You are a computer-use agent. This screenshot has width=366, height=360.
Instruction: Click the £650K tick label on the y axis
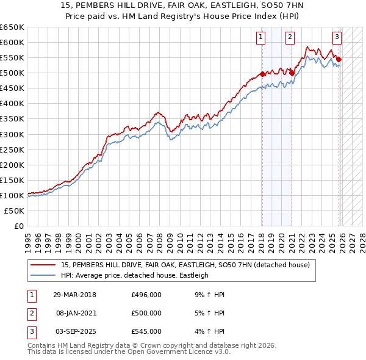[x=12, y=27]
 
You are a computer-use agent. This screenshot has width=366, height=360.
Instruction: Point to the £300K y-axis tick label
[x=12, y=134]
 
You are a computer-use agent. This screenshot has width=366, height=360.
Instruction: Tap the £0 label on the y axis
[x=18, y=226]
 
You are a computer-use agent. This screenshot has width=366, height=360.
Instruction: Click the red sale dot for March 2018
[x=262, y=74]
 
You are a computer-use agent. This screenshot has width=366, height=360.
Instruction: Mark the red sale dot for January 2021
[x=292, y=73]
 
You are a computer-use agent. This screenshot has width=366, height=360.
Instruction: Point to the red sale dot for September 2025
[x=339, y=59]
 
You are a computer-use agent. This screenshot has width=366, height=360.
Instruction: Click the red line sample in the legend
[x=44, y=265]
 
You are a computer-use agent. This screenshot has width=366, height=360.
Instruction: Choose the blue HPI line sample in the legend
[x=44, y=276]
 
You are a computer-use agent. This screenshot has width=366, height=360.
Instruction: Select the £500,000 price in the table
[x=146, y=313]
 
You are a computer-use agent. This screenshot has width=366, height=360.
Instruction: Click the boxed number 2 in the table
[x=30, y=313]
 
